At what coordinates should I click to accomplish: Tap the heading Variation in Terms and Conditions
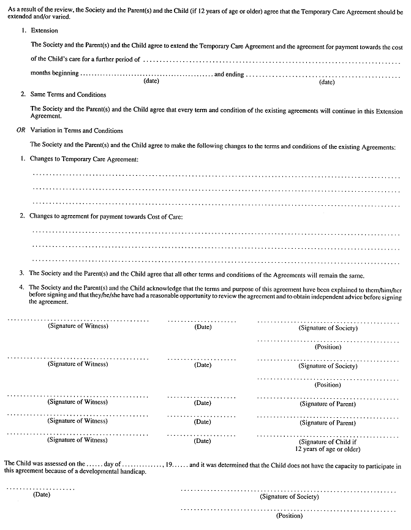pos(77,131)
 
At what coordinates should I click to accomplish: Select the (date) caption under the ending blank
pos(327,81)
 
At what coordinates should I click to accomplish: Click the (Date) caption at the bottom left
pos(42,494)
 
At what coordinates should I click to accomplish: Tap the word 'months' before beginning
pos(42,74)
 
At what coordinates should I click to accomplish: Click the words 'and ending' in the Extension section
pos(228,74)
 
